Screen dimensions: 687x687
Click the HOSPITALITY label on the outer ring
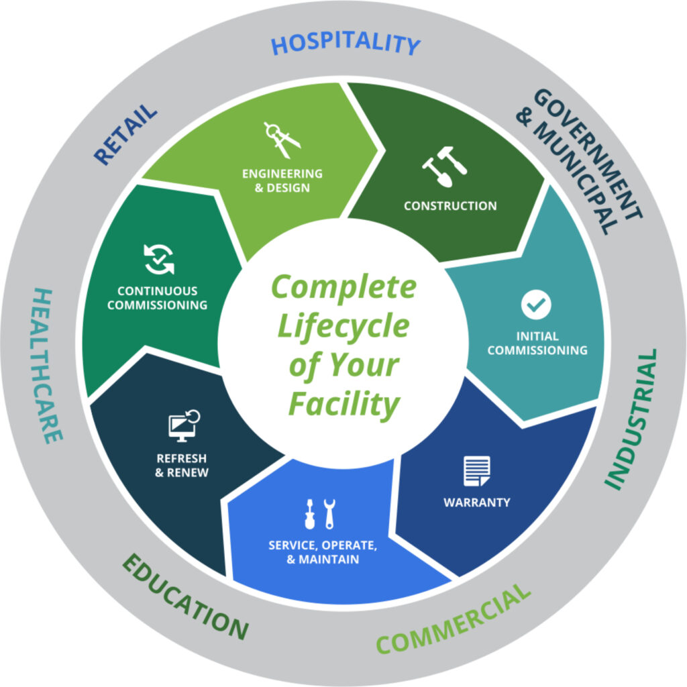click(346, 44)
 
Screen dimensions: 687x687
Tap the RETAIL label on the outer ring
click(125, 134)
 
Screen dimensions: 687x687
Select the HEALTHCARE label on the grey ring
click(48, 366)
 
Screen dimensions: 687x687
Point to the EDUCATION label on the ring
click(185, 596)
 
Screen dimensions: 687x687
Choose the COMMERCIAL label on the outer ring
click(454, 619)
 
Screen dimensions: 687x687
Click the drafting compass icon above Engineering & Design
click(282, 140)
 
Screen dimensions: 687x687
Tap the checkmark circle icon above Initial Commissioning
click(536, 305)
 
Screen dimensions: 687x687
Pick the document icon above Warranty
click(477, 471)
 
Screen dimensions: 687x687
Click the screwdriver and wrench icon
click(320, 514)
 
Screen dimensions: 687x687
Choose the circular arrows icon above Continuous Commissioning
click(158, 260)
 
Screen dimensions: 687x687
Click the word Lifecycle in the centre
click(343, 327)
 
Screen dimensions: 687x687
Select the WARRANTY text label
click(477, 502)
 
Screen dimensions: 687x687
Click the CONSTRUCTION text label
click(450, 205)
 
